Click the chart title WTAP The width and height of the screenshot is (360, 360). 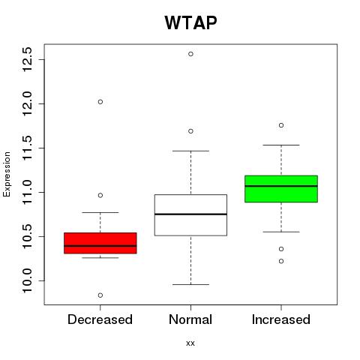click(190, 23)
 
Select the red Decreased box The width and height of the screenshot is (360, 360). click(100, 243)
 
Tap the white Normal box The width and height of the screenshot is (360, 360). click(190, 215)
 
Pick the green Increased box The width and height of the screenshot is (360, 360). click(281, 189)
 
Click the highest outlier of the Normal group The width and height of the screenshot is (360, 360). click(190, 54)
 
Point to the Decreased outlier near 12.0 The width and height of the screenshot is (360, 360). click(100, 102)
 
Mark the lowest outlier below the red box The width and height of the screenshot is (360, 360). click(100, 295)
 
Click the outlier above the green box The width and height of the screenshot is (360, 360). click(281, 125)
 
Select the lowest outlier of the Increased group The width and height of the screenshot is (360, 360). click(281, 261)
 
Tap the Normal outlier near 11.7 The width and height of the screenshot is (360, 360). click(190, 131)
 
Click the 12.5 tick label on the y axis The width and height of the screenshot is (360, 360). click(27, 59)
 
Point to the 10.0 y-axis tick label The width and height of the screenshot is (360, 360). click(27, 280)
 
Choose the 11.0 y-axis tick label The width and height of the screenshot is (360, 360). click(27, 192)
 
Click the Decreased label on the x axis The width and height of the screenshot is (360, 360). click(100, 319)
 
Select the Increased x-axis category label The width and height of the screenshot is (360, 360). click(281, 319)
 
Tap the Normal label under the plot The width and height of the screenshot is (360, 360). click(190, 319)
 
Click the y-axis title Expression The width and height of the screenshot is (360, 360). click(7, 174)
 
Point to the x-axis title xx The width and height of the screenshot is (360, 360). click(190, 343)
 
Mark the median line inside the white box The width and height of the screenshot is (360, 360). click(190, 214)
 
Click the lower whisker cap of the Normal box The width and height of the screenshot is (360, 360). click(190, 284)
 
